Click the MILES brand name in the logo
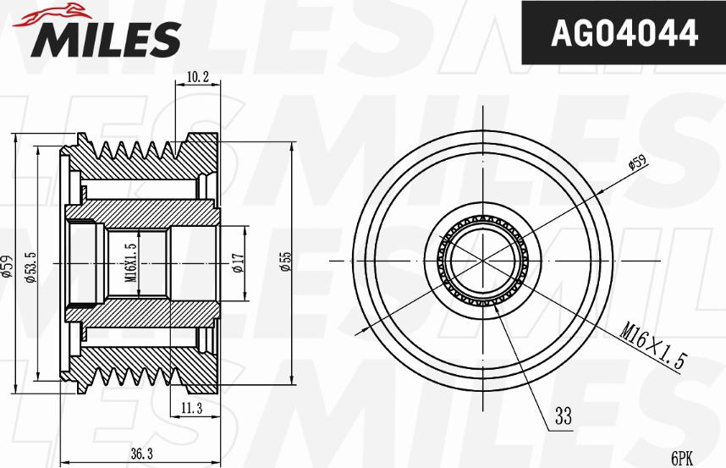(x=107, y=37)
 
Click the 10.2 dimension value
(x=197, y=77)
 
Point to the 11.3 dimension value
(x=190, y=409)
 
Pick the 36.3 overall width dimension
(x=140, y=454)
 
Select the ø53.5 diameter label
(x=30, y=266)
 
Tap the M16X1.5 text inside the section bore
(x=130, y=262)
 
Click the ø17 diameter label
(x=239, y=263)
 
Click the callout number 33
(x=563, y=416)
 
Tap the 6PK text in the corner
(x=682, y=458)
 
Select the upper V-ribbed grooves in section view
(x=140, y=151)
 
